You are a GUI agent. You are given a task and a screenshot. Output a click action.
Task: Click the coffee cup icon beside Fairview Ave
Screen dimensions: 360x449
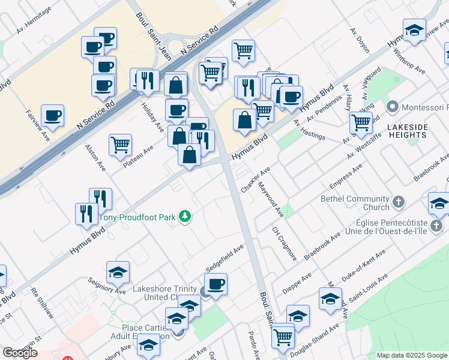[52, 115]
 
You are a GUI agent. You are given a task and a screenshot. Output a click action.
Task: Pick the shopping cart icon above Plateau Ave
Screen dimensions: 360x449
[120, 144]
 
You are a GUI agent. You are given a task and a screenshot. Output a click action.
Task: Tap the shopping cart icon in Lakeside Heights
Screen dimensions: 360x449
[360, 123]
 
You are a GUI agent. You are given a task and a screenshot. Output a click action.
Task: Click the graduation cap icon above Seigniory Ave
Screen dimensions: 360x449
[118, 272]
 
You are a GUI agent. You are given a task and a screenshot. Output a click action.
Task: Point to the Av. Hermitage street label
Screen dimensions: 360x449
[34, 14]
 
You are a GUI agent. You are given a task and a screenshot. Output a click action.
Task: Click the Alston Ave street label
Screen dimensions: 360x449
[95, 157]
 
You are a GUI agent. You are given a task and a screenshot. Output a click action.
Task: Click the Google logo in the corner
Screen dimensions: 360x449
[20, 353]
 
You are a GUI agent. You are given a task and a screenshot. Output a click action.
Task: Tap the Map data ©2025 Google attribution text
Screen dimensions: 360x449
[412, 355]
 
